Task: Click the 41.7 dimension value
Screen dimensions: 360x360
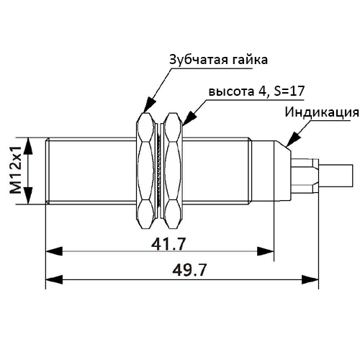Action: [x=168, y=244]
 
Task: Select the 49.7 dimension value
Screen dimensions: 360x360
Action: [x=189, y=270]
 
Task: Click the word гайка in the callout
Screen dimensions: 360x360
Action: [x=250, y=60]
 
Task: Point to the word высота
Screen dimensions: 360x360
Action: [x=231, y=91]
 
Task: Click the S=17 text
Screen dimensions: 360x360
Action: [x=289, y=91]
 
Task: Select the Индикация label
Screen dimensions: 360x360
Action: [x=322, y=112]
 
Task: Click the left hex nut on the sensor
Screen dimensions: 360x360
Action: [x=145, y=171]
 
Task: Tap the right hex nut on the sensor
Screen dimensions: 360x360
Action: [x=174, y=171]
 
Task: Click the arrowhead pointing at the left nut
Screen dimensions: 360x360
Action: [x=149, y=104]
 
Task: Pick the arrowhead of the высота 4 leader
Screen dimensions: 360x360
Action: [x=189, y=118]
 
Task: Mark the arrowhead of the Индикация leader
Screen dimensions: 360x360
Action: [x=293, y=139]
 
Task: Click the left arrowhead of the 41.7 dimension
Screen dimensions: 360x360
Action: [x=54, y=251]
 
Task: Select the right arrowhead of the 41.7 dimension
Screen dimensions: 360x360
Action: [x=265, y=251]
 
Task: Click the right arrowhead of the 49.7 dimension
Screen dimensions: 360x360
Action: [x=310, y=279]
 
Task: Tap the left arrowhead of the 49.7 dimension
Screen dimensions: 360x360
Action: [x=54, y=279]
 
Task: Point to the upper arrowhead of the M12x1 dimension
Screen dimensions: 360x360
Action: [x=28, y=146]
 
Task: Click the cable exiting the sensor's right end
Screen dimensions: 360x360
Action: [x=336, y=176]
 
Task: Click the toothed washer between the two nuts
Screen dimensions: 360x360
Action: [x=159, y=171]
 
